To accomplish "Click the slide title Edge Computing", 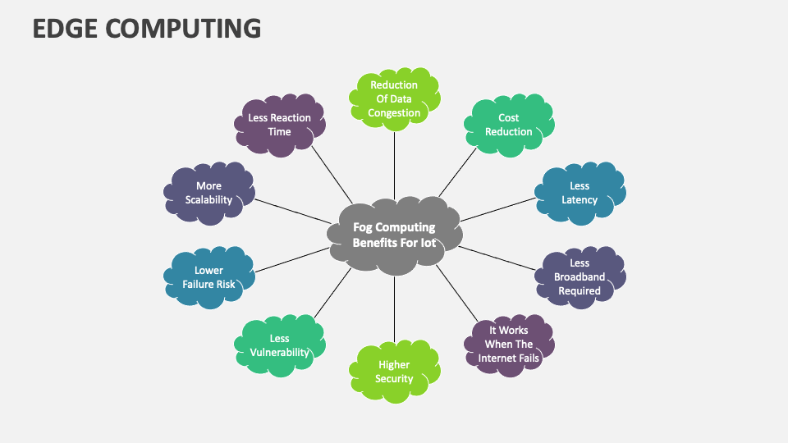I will point(147,28).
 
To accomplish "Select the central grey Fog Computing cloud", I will point(394,235).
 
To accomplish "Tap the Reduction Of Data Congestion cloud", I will point(394,98).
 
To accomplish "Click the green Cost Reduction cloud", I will point(508,125).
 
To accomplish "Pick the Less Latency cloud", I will point(579,193).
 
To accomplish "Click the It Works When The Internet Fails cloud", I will point(509,345).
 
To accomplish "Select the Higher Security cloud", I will point(394,372).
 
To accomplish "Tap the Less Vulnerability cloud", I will point(279,345).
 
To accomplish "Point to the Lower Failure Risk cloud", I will point(208,277).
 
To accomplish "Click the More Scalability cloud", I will point(208,193).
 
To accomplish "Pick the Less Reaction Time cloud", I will point(280,125).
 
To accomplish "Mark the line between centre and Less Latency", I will point(497,211).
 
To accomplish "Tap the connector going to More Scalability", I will point(291,211).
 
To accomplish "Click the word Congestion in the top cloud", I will point(394,113).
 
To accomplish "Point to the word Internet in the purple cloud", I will point(496,359).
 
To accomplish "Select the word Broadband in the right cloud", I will point(580,277).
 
